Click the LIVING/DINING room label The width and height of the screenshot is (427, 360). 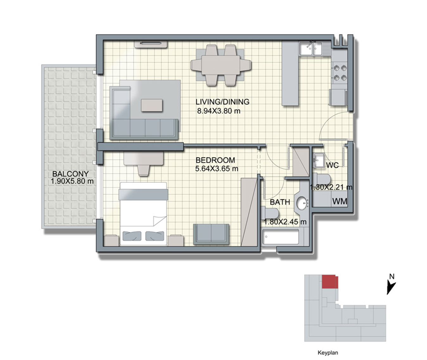point(223,102)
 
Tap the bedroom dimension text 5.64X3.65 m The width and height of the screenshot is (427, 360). point(217,169)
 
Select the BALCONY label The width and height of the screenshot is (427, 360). point(71,174)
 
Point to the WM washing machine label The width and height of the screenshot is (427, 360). point(340,201)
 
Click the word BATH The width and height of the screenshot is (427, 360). point(280,202)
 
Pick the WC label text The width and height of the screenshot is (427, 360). point(332,165)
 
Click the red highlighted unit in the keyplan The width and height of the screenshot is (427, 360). point(330,282)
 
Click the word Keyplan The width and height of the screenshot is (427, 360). point(328,353)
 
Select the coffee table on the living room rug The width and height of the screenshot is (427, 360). point(152,105)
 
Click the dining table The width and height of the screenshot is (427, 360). point(221,65)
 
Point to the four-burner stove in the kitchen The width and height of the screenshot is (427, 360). point(339,73)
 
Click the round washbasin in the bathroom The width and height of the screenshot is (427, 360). point(303,203)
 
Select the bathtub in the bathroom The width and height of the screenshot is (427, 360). point(280,237)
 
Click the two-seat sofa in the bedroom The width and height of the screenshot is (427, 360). point(211,234)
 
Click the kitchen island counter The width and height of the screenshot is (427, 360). point(290,74)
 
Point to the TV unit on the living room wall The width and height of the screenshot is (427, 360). point(151,44)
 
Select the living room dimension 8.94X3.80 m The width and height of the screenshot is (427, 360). point(219,111)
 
